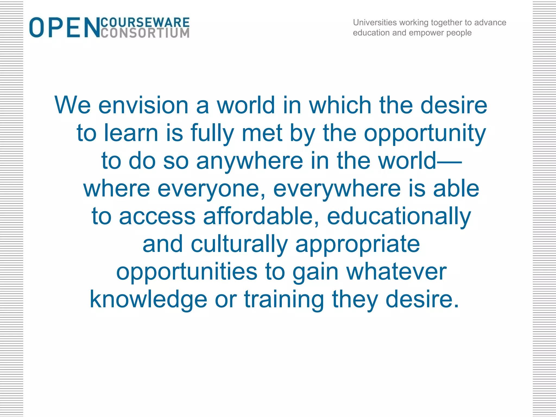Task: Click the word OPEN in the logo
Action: tap(65, 27)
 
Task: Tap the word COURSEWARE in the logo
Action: tap(145, 22)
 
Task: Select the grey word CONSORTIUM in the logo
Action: tap(145, 33)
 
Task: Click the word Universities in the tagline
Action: tap(375, 22)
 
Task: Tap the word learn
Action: tap(131, 133)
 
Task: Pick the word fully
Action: tap(212, 134)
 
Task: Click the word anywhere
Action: tap(249, 161)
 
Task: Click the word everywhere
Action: tap(337, 189)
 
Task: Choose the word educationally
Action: tap(399, 217)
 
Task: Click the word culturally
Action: tap(239, 244)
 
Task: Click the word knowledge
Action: tap(149, 300)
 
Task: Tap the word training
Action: tap(284, 300)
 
